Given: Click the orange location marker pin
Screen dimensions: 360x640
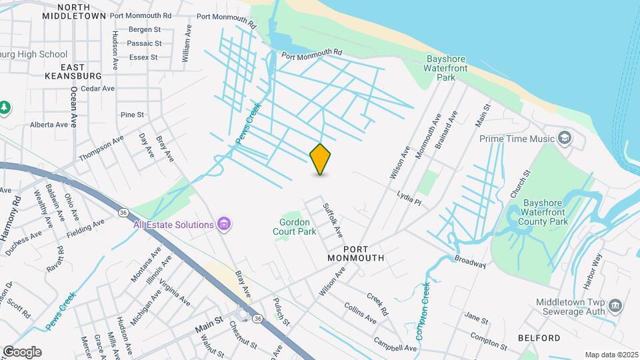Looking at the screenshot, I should [x=321, y=159].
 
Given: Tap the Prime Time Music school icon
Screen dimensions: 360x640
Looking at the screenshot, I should [x=565, y=138].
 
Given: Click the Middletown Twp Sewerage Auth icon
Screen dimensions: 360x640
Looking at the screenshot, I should [x=615, y=306].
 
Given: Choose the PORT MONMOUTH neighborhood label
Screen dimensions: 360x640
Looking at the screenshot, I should [x=356, y=257].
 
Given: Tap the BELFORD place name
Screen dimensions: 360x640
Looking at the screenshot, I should [x=539, y=338].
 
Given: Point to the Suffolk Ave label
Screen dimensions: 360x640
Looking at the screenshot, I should [x=333, y=220].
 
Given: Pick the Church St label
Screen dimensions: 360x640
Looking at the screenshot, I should [x=521, y=183].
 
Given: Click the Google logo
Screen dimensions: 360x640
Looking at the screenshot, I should [x=21, y=351].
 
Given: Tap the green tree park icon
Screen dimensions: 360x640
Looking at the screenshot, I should [x=5, y=107].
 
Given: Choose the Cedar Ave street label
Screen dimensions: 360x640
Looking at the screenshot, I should [x=97, y=88].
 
